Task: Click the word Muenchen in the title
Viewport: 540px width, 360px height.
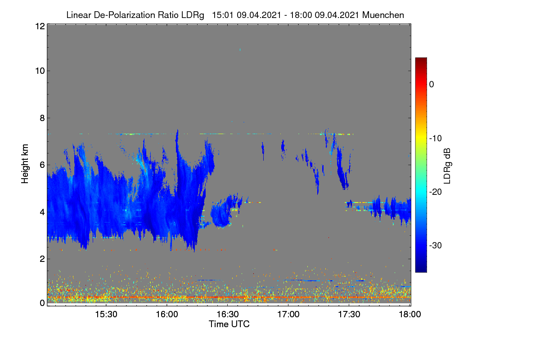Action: pyautogui.click(x=383, y=15)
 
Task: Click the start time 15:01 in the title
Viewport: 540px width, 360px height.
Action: pyautogui.click(x=222, y=15)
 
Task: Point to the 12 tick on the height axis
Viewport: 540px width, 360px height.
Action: pyautogui.click(x=40, y=26)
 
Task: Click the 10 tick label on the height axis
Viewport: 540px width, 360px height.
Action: pyautogui.click(x=40, y=71)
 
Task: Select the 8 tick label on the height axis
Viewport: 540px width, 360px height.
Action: pyautogui.click(x=42, y=118)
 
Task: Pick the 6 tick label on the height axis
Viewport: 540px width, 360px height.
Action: pyautogui.click(x=42, y=165)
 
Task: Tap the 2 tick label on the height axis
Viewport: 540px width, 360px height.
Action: pyautogui.click(x=42, y=259)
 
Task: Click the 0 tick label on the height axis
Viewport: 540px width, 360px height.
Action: pyautogui.click(x=42, y=303)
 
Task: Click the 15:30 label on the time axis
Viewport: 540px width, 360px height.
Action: pyautogui.click(x=106, y=315)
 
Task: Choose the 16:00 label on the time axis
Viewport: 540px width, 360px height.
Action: pyautogui.click(x=167, y=315)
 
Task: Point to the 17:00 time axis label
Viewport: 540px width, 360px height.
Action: pyautogui.click(x=288, y=315)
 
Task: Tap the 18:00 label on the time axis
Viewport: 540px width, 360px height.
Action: pyautogui.click(x=410, y=315)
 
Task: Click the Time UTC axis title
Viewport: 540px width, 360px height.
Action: pyautogui.click(x=229, y=324)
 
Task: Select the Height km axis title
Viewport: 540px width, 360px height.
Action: pyautogui.click(x=25, y=164)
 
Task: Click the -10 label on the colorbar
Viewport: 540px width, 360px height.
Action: pyautogui.click(x=436, y=139)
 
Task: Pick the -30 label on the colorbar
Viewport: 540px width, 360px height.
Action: pyautogui.click(x=436, y=245)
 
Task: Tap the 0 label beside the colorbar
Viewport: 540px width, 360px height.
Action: pyautogui.click(x=432, y=85)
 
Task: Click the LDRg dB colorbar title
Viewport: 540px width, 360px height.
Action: pyautogui.click(x=447, y=166)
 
